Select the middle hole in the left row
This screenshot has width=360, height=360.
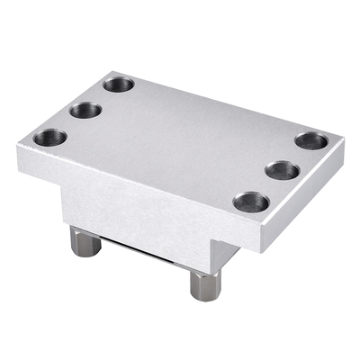pos(85,111)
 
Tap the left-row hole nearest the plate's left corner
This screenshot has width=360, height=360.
pos(49,139)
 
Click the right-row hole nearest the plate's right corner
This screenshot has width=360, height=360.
pos(310,141)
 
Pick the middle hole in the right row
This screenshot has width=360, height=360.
pos(283,170)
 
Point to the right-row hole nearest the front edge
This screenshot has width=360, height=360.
pos(251,202)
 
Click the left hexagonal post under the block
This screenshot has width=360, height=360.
pos(85,240)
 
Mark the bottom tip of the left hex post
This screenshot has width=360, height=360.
pos(85,255)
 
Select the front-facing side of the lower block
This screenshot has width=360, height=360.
pos(135,216)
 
